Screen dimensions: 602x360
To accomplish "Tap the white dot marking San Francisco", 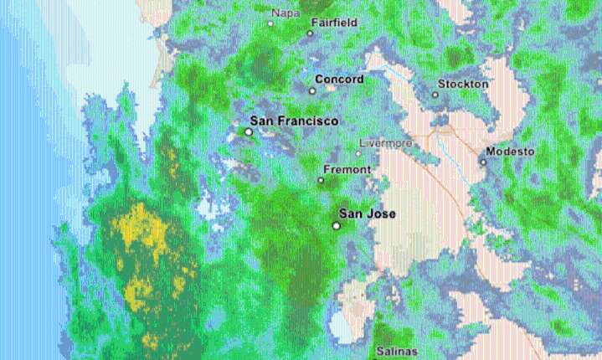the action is [249, 131].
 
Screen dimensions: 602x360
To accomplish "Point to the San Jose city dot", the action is [337, 225].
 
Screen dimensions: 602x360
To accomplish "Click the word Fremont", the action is [347, 169].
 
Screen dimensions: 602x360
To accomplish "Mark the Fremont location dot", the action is [321, 180].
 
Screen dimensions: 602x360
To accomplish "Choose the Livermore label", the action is [384, 143].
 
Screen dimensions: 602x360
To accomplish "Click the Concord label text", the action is [339, 80].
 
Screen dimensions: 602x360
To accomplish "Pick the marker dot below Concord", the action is [312, 90].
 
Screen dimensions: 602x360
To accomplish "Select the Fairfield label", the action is [335, 22].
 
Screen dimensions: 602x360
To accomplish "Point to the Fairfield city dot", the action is [310, 33].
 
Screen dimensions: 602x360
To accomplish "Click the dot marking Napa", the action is [270, 23].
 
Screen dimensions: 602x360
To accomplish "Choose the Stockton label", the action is [463, 84].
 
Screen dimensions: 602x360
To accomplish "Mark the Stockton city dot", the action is [435, 95].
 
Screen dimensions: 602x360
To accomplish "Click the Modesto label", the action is [511, 152].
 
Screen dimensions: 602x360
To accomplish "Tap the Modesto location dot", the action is [483, 162].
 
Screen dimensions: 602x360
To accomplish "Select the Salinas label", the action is [395, 352].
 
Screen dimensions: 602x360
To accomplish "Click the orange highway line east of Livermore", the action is [439, 135].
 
